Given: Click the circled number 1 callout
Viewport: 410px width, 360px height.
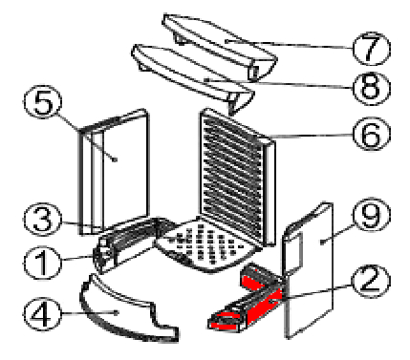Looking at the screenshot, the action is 42,263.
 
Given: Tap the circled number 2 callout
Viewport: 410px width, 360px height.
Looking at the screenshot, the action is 371,280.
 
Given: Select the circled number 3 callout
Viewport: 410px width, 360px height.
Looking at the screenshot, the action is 42,220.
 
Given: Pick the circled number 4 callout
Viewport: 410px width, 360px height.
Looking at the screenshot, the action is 42,314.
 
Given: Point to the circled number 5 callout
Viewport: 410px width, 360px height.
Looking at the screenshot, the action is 42,102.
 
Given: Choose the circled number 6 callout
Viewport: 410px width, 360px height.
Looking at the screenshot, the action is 372,134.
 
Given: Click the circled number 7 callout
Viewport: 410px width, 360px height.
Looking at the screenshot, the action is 372,48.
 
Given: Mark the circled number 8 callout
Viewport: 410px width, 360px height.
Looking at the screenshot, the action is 372,88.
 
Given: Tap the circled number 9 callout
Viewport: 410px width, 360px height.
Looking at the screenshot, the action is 372,215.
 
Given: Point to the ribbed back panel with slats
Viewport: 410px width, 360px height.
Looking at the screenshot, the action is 237,177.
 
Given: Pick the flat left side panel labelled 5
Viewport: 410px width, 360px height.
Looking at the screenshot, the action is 114,172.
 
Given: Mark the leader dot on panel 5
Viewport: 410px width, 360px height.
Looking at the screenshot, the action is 116,159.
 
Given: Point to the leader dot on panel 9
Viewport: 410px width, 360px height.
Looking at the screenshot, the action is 322,243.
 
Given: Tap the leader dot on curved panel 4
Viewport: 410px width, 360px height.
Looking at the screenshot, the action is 117,313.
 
